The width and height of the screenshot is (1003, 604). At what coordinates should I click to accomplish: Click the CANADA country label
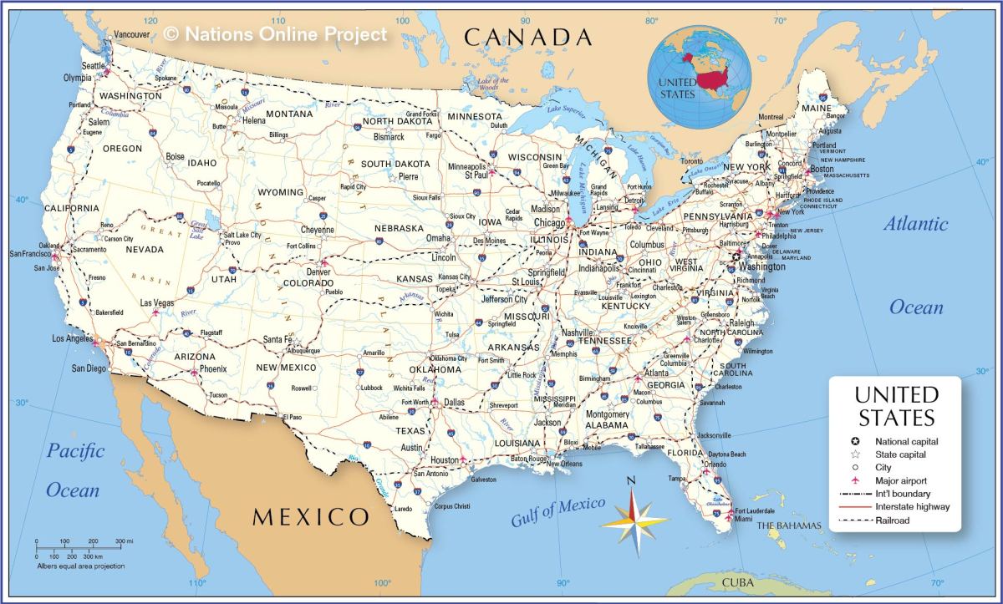point(528,37)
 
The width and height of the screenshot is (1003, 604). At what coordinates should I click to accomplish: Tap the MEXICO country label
point(311,516)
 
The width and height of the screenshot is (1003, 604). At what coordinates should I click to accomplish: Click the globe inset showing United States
point(700,76)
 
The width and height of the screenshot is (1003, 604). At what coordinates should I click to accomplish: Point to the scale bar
point(79,547)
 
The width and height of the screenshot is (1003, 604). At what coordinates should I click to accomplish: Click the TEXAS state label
point(410,431)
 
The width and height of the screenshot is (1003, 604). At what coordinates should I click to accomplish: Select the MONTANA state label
point(289,114)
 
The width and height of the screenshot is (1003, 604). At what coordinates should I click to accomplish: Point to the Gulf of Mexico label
point(558,510)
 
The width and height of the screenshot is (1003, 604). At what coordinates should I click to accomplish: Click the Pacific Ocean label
point(74,470)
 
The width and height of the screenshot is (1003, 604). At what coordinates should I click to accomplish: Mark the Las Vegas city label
point(156,303)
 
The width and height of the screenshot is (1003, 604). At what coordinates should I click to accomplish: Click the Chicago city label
point(549,223)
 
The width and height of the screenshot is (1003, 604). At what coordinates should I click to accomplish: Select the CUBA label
point(738,582)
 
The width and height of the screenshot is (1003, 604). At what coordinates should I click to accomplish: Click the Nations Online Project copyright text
point(276,33)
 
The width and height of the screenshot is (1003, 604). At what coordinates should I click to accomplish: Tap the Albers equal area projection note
point(80,566)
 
